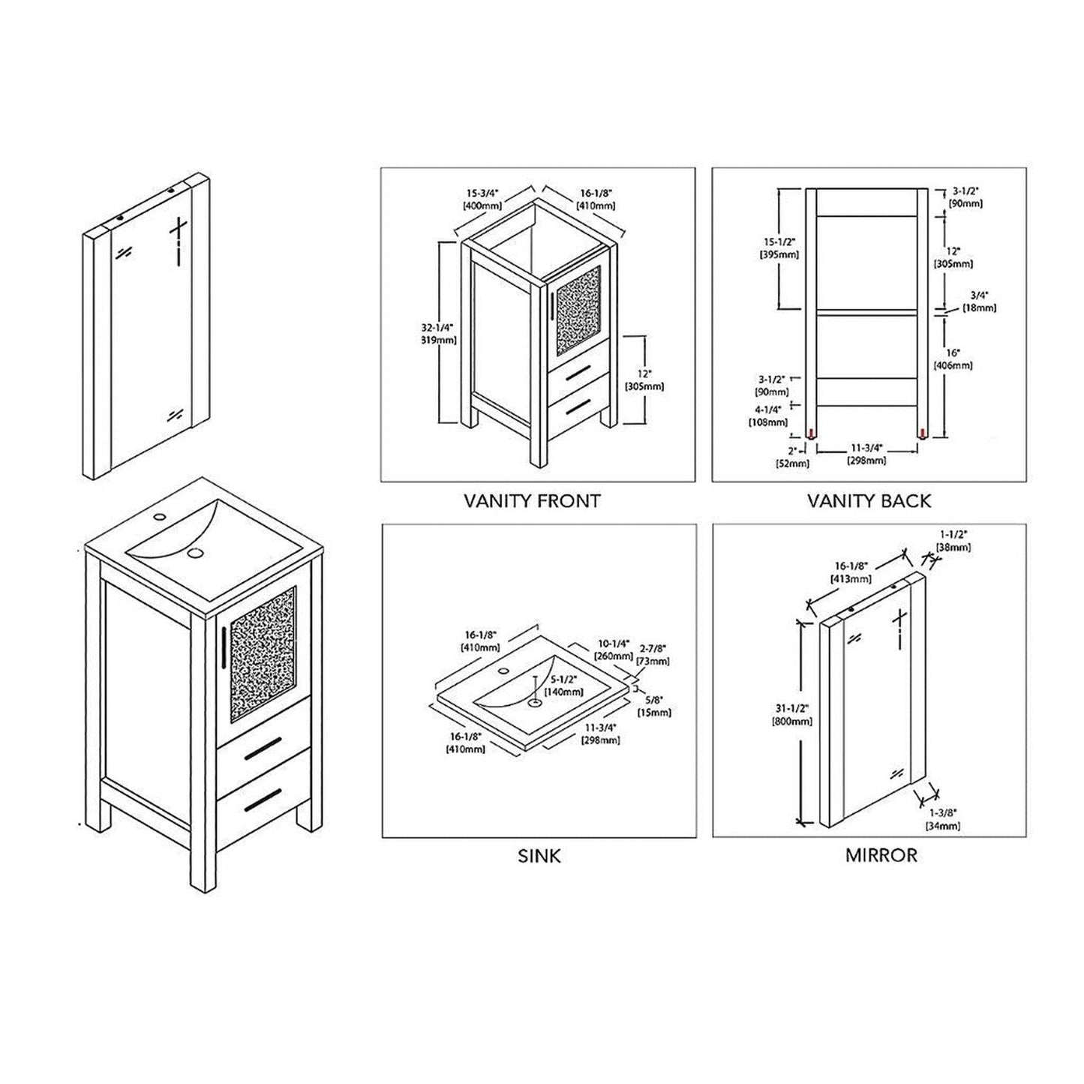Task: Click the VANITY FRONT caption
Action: pos(532,500)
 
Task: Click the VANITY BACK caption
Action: pos(869,500)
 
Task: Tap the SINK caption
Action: pos(539,855)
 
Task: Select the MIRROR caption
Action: pos(881,855)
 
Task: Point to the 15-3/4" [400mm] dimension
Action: pos(482,199)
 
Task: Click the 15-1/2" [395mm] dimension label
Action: pos(779,248)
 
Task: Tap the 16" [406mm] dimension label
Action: pos(953,359)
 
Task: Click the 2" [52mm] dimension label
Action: pos(792,457)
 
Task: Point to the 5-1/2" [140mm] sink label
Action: pos(564,686)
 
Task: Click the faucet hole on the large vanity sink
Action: pos(159,518)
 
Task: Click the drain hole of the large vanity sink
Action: pos(196,553)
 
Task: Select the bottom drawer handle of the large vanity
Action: pos(263,797)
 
